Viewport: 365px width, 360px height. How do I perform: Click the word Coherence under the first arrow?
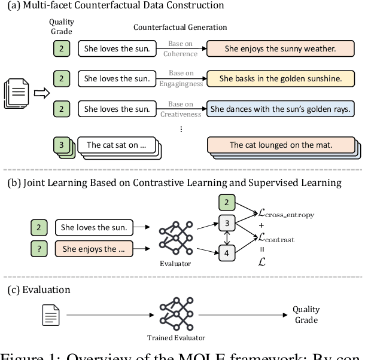point(181,53)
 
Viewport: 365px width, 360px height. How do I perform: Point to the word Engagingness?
point(181,84)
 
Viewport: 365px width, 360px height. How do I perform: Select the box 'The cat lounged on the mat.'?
point(280,145)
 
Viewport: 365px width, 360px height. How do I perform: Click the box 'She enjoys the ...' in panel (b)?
point(94,249)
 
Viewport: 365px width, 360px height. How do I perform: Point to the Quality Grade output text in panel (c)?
point(306,314)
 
